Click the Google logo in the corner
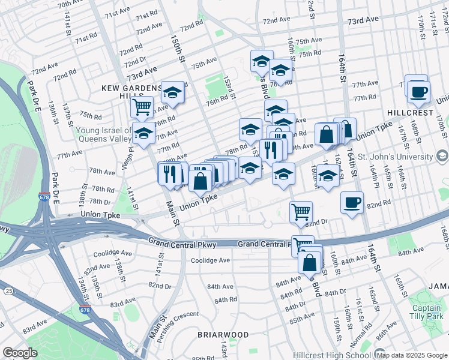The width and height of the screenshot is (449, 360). pos(20,353)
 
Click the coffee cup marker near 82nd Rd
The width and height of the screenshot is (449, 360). pos(352,202)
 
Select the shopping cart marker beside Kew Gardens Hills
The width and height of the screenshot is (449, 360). pos(142,107)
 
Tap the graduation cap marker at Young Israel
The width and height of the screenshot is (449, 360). pos(143,134)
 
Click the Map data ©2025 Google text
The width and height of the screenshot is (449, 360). pos(412,355)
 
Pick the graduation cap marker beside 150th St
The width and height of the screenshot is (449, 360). pos(173,92)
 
